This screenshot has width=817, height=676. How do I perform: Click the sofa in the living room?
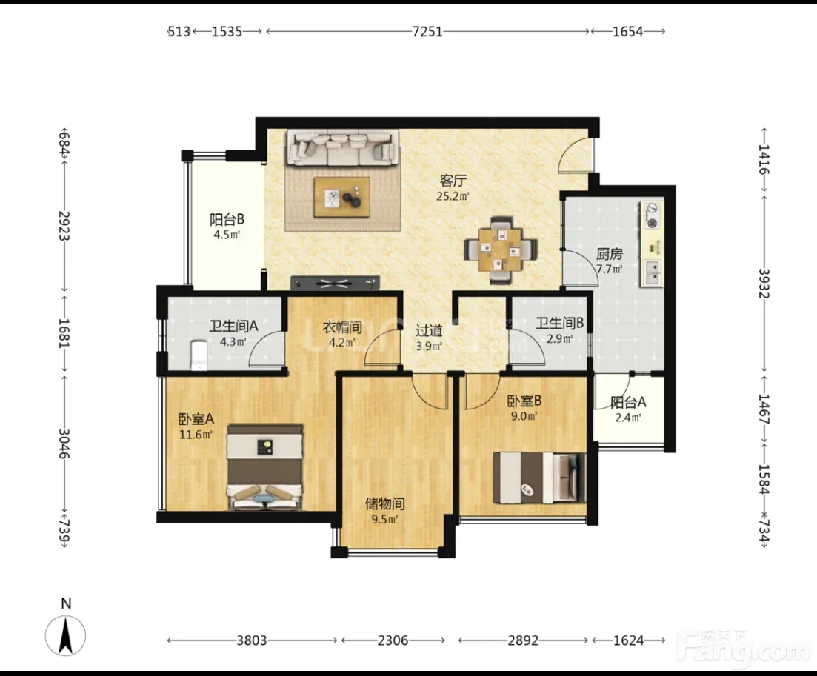(x=342, y=147)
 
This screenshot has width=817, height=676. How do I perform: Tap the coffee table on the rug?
(x=341, y=197)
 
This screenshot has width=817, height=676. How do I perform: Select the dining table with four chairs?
(x=500, y=250)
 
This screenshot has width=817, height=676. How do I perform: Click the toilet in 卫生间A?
(x=199, y=355)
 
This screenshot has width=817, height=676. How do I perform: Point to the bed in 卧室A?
(x=264, y=466)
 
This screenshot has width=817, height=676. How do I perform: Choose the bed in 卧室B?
(x=539, y=478)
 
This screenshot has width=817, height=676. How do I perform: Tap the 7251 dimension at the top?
(x=427, y=32)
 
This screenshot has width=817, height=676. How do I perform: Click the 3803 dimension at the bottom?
(x=252, y=640)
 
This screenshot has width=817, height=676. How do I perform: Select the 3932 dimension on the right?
(x=764, y=284)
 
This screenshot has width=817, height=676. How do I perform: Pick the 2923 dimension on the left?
(x=64, y=226)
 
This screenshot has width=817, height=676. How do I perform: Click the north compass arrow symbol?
(x=66, y=635)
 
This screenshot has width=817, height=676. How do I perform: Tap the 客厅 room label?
(x=453, y=181)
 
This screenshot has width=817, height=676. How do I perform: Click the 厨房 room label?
(x=610, y=254)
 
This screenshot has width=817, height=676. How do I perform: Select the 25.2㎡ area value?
(x=453, y=196)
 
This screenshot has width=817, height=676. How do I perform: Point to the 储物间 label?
(x=385, y=503)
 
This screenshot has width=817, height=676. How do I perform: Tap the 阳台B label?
(x=227, y=219)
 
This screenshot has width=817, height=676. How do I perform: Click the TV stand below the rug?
(x=335, y=283)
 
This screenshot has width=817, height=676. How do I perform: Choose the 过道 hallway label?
(x=430, y=330)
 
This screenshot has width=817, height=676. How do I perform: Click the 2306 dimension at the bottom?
(x=393, y=640)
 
